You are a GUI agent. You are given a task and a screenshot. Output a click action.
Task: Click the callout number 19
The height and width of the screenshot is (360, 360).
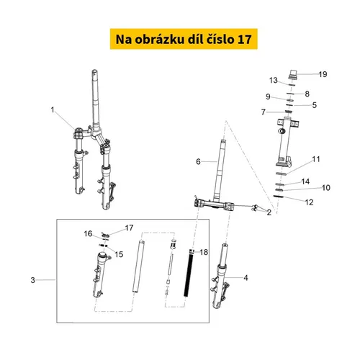point(323,74)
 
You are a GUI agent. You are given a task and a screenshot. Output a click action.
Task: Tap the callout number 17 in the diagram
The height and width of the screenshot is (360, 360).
point(129,228)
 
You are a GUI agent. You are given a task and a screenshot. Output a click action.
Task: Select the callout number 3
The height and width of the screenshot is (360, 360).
point(33,280)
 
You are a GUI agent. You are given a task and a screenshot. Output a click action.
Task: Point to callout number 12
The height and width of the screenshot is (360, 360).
point(309,202)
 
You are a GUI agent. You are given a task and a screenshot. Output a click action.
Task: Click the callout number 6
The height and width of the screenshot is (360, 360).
point(198,161)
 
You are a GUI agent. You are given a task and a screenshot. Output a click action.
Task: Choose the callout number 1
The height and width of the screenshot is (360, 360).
point(53,110)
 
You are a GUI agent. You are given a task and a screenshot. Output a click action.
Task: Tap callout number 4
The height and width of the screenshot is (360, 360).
point(246,278)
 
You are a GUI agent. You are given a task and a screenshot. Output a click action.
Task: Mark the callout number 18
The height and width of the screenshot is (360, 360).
point(204,252)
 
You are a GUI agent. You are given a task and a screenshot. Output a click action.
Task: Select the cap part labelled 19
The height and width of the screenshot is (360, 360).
point(292,74)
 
